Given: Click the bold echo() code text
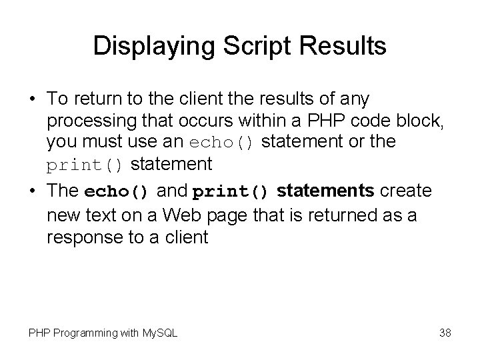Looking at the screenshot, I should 119,192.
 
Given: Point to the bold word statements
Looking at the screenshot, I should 326,191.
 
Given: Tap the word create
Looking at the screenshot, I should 406,191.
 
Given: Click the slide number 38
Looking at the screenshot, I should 445,333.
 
